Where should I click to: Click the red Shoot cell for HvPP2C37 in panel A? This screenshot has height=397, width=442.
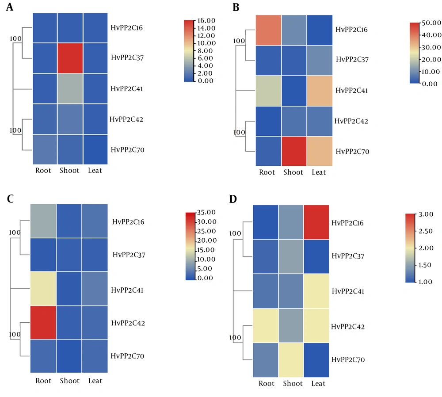tap(69, 58)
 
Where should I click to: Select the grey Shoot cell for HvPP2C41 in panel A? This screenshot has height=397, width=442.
tap(69, 89)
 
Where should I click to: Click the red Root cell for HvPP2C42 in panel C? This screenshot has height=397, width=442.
tap(43, 323)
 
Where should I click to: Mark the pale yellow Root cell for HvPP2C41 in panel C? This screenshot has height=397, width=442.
tap(43, 289)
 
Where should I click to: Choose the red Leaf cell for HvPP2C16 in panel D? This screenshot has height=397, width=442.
tap(316, 222)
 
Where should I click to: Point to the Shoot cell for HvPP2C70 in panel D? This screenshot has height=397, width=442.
tap(291, 359)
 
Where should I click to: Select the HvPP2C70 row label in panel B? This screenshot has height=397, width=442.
tap(352, 152)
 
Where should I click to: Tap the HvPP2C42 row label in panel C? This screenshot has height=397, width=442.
tap(129, 323)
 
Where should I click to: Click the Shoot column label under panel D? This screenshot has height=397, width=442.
tap(291, 384)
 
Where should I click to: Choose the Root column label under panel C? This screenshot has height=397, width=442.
tap(43, 381)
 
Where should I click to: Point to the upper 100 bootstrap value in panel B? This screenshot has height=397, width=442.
tap(239, 41)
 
